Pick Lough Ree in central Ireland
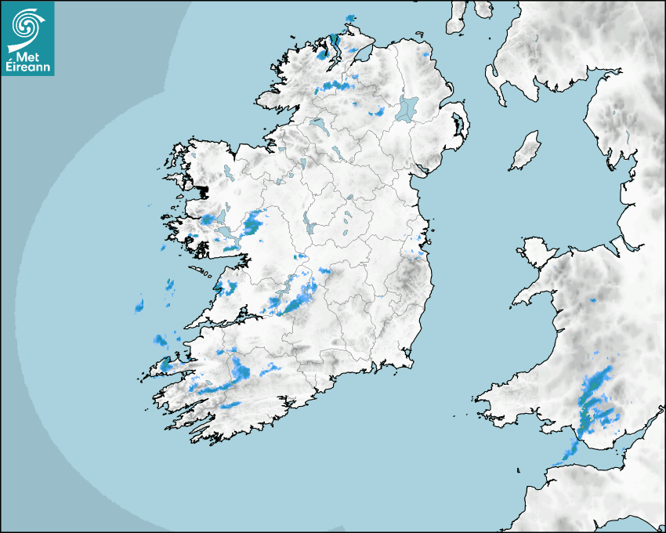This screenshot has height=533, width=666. point(311,224)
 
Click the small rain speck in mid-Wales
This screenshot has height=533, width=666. point(593,300)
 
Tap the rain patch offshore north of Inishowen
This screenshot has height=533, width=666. point(349,19)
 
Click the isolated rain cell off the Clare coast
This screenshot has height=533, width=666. point(139,303)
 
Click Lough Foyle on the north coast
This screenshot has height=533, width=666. point(358,53)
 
